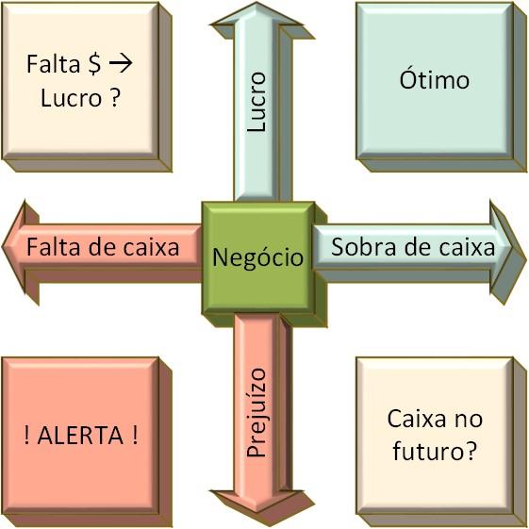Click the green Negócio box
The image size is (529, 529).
point(258,258)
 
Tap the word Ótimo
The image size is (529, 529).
point(435,79)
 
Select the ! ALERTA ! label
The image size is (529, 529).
point(81,435)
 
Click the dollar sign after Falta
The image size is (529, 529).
point(94,64)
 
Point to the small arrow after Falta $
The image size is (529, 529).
point(121,64)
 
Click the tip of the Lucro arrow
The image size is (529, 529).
point(256,2)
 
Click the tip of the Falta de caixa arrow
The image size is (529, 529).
point(3,246)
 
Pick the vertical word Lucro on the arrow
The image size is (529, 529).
point(256,101)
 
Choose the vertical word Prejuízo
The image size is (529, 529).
point(256,412)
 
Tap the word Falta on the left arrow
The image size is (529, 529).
point(55,247)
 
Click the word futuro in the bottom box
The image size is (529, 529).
point(429,450)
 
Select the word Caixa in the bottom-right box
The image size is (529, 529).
point(418,419)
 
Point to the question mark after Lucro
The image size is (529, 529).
point(115,97)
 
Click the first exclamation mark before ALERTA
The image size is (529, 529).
point(26,435)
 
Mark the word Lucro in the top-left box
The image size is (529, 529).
point(71,98)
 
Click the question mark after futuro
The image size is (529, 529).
point(471,450)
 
